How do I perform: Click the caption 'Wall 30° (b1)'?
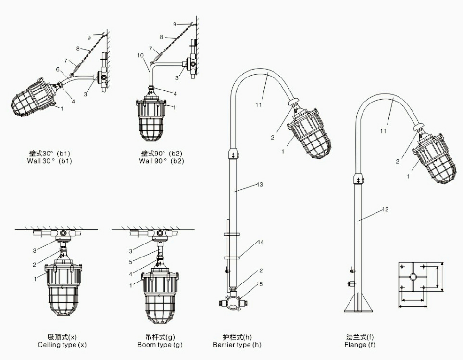50,161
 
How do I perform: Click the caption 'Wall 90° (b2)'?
161,161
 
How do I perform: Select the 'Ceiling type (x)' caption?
62,345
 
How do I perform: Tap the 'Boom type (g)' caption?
160,345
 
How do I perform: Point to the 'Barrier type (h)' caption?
237,345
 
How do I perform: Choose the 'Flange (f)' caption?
360,345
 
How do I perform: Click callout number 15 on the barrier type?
259,284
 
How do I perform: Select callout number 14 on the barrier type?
261,243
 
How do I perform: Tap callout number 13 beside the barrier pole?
260,185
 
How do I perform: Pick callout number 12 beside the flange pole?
385,209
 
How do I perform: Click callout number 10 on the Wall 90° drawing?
140,55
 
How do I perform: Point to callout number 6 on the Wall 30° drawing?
58,69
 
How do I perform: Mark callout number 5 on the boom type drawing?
130,262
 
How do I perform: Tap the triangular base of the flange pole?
358,303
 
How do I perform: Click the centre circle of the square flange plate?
413,277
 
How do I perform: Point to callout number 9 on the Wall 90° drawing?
175,24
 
